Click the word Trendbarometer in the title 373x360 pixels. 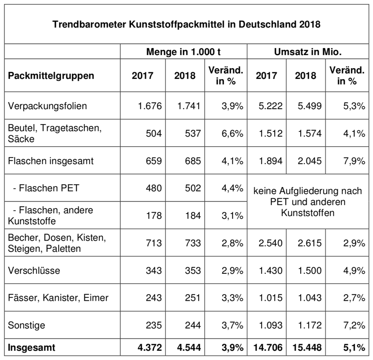coord(89,24)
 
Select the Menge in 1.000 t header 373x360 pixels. coord(183,52)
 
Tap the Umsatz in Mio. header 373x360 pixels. coord(308,52)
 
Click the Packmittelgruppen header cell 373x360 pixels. coord(51,76)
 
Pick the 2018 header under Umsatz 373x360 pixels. coord(306,76)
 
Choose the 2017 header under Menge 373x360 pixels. coord(143,76)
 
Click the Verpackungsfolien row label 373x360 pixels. coord(48,106)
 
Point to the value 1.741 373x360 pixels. coord(189,106)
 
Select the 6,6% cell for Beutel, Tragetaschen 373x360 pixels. coord(232,133)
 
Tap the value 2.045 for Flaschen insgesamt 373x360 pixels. coord(310,161)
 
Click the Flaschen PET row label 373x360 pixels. coord(46,188)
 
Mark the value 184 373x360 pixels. coord(193,215)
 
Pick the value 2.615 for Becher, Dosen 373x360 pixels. coord(310,243)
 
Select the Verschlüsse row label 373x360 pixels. coord(34,270)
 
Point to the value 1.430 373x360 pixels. coord(270,270)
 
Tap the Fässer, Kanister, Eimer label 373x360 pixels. coord(58,298)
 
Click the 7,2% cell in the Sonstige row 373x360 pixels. coord(354,325)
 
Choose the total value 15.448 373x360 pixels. coord(307,347)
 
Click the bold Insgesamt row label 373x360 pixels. coord(31,347)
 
